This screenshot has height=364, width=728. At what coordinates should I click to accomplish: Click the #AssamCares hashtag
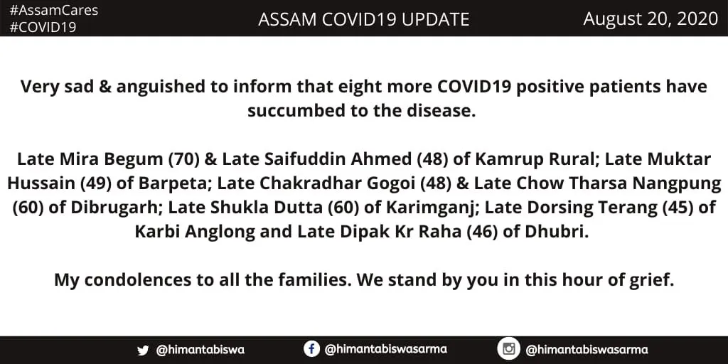click(54, 11)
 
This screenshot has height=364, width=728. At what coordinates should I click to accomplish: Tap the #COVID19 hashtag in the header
click(43, 28)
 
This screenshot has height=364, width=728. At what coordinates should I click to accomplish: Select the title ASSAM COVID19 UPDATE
click(363, 19)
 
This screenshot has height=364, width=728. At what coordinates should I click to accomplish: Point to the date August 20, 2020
click(651, 19)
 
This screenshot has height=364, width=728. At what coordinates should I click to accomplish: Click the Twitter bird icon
click(143, 350)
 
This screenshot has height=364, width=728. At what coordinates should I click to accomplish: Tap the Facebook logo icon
click(311, 348)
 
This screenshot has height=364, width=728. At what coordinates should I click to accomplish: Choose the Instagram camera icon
click(508, 348)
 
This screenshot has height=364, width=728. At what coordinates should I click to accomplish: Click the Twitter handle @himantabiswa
click(200, 350)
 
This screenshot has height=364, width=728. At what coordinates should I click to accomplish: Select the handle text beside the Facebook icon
click(386, 348)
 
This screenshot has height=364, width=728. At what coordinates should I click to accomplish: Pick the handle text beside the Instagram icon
click(587, 349)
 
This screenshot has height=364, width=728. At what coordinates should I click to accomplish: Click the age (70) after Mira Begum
click(184, 159)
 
